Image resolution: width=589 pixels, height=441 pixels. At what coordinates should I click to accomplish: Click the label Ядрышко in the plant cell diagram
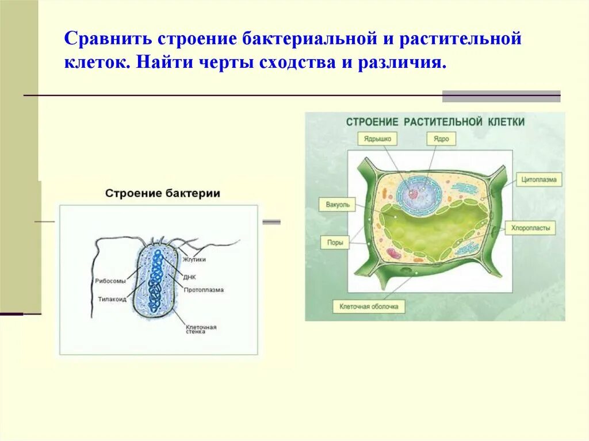pyautogui.click(x=374, y=139)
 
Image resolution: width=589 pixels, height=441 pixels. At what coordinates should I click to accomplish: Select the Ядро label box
pyautogui.click(x=442, y=139)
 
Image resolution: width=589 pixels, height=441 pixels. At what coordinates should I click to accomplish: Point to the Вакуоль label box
pyautogui.click(x=337, y=204)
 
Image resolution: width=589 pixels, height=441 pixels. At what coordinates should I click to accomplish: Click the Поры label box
pyautogui.click(x=335, y=242)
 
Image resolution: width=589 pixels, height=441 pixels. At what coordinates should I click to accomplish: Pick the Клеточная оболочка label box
pyautogui.click(x=369, y=306)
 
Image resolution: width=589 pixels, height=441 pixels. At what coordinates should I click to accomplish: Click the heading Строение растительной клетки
pyautogui.click(x=435, y=122)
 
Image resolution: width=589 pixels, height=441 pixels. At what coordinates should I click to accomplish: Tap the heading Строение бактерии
pyautogui.click(x=163, y=193)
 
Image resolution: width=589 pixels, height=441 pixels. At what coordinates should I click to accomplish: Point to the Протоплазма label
pyautogui.click(x=204, y=290)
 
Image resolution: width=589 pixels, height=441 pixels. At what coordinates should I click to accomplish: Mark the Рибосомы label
pyautogui.click(x=110, y=281)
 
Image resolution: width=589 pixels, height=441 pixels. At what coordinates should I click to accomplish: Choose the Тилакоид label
pyautogui.click(x=113, y=298)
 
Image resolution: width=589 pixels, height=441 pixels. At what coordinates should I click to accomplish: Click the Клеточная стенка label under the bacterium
pyautogui.click(x=201, y=329)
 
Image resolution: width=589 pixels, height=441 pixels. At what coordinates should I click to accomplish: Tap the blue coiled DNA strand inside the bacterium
pyautogui.click(x=155, y=282)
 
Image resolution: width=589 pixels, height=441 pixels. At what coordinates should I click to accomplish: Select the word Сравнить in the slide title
pyautogui.click(x=107, y=40)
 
